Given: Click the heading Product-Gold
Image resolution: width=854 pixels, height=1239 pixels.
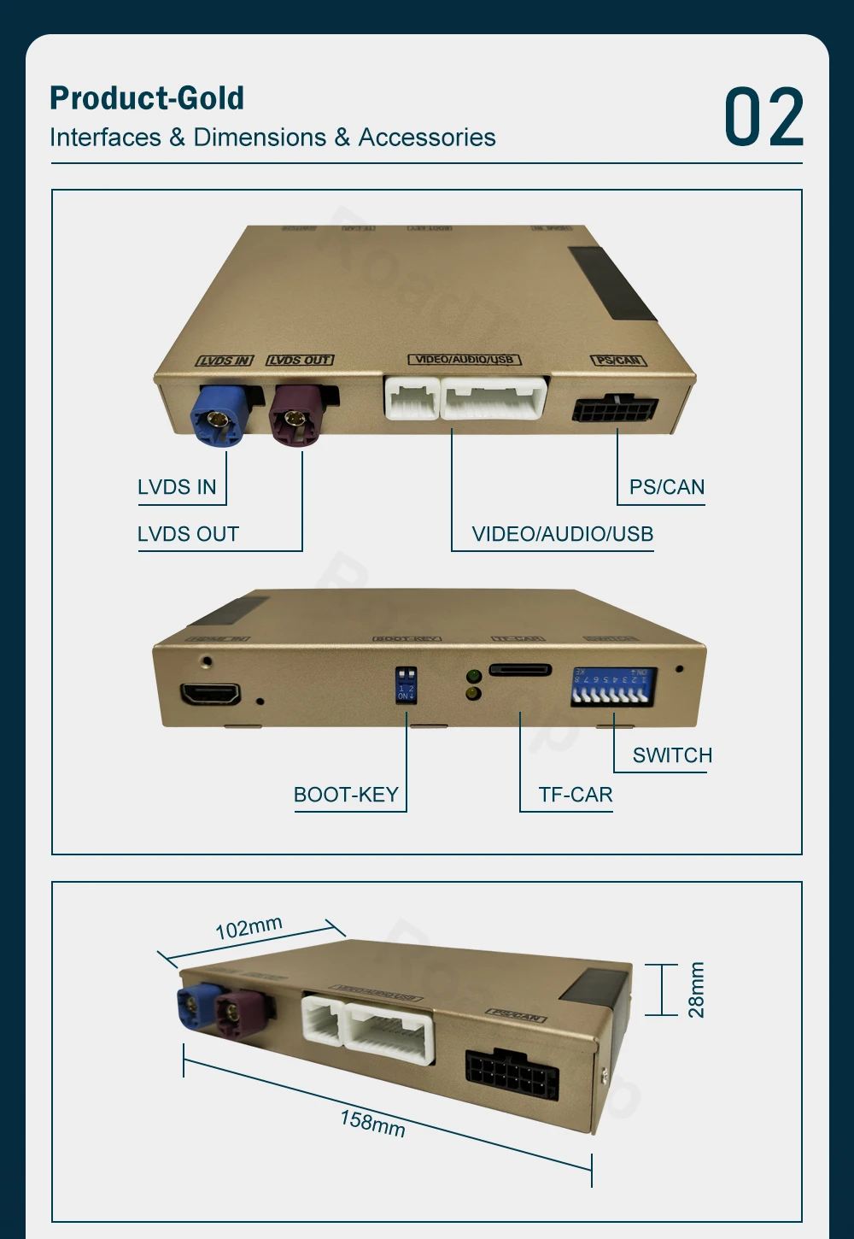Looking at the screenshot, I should (147, 98).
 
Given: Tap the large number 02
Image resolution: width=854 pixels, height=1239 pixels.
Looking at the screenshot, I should (763, 118).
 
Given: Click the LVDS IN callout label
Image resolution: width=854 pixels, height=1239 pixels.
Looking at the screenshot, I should (177, 487).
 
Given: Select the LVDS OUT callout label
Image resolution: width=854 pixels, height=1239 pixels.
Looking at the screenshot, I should (188, 534).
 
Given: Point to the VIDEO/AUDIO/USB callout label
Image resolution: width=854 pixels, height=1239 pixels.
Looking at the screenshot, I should (562, 534).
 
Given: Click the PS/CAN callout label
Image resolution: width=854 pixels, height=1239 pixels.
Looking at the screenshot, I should (667, 487).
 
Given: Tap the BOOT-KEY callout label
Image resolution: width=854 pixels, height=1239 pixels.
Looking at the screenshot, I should (346, 795).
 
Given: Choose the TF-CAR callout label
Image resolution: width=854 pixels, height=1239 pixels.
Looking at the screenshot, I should (576, 795).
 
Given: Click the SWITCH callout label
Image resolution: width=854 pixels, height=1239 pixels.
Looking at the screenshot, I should (672, 755).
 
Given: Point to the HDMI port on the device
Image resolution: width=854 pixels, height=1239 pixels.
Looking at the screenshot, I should (209, 694).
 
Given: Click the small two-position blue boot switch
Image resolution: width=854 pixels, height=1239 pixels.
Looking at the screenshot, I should (406, 685).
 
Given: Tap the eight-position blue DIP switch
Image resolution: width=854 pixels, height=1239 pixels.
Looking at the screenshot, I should (612, 687).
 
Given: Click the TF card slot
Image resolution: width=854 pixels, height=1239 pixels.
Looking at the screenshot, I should (520, 670).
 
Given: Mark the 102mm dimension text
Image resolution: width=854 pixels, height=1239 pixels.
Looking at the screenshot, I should (249, 927).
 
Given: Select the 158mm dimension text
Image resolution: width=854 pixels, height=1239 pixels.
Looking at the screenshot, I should (372, 1122).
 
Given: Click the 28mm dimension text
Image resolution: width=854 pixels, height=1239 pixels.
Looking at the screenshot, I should (697, 989).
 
